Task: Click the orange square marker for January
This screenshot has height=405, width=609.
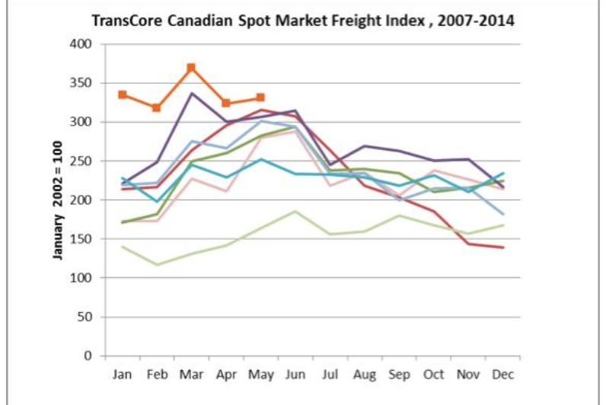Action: [x=123, y=94]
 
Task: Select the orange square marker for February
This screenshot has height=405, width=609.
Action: [x=157, y=108]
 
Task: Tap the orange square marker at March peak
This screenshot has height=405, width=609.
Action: [x=191, y=67]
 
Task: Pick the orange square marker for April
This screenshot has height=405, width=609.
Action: [x=226, y=103]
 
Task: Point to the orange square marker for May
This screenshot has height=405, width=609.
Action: [x=260, y=97]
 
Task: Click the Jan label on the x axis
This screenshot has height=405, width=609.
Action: [x=122, y=374]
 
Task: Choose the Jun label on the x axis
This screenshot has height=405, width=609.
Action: [x=295, y=374]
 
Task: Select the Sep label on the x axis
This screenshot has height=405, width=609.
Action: [x=398, y=374]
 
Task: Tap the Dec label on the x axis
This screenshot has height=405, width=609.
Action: [x=502, y=374]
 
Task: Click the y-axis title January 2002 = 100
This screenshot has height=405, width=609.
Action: [x=58, y=199]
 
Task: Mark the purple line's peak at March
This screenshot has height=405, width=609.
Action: [x=191, y=93]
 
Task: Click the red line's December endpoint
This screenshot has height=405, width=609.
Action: [x=502, y=247]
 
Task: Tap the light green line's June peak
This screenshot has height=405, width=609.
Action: [x=295, y=211]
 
